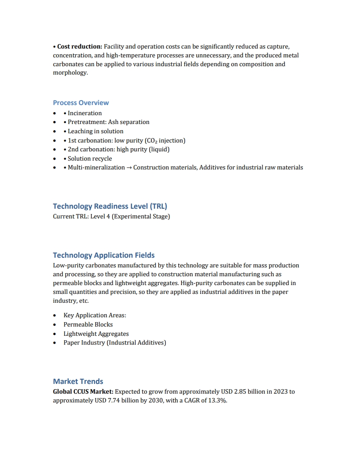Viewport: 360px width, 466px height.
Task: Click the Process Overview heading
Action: pos(81,103)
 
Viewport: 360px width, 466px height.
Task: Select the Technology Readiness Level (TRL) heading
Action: pos(110,206)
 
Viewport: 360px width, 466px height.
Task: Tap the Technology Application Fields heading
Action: pos(104,255)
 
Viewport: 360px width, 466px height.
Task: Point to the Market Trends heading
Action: pos(78,381)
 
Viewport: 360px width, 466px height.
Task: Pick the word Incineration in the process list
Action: pos(85,113)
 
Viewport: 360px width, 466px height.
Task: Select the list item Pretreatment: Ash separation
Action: pos(109,122)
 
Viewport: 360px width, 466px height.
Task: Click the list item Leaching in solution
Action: pos(95,131)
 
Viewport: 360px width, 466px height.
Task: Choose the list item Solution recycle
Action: pos(90,158)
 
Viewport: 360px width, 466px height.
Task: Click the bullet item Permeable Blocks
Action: pos(88,324)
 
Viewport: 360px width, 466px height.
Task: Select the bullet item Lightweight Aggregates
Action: pos(96,334)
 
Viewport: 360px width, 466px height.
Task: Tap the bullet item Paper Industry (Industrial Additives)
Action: pos(115,342)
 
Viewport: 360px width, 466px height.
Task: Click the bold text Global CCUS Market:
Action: pos(83,391)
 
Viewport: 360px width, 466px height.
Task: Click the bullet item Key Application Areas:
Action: pos(95,315)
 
